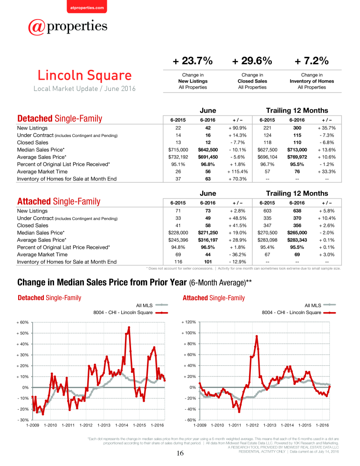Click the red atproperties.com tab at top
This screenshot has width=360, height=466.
(87, 7)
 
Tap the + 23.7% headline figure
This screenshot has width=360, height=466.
(193, 61)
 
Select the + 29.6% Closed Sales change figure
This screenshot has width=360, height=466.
(252, 61)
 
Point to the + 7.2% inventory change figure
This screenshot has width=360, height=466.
(312, 61)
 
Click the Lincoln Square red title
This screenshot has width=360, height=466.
(84, 75)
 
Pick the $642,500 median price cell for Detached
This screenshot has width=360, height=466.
(208, 150)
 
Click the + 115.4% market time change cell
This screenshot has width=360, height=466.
(237, 171)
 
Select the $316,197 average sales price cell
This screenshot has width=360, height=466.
(208, 240)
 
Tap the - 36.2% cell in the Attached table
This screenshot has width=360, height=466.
(237, 254)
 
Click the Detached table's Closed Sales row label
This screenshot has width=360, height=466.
(33, 143)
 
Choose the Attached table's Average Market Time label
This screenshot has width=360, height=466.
(42, 255)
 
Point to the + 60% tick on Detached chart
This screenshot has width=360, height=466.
(22, 322)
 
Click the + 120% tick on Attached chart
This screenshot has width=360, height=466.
(189, 322)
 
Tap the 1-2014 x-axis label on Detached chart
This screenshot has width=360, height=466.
(122, 425)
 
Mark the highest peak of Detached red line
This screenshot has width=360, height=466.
(129, 328)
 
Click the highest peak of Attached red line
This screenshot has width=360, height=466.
(256, 336)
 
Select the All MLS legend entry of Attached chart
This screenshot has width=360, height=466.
(320, 305)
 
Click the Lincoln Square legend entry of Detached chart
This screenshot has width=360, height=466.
(131, 313)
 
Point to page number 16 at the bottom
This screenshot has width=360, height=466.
(180, 453)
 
